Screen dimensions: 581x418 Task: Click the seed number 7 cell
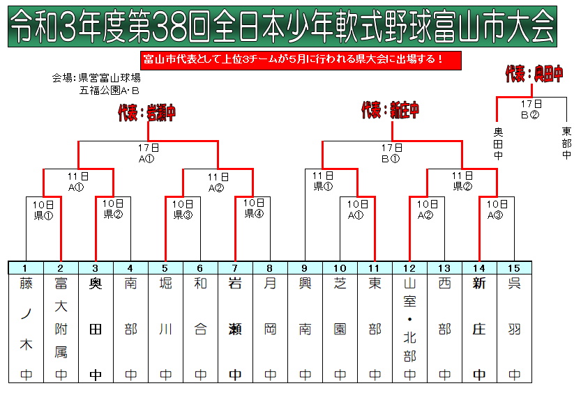(x=235, y=268)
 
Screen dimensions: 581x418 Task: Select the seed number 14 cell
(x=479, y=268)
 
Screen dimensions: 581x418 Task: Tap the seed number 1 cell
(x=26, y=268)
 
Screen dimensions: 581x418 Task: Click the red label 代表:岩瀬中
(x=146, y=113)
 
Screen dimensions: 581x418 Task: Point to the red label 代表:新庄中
(x=390, y=110)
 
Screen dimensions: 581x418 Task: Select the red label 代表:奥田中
(x=534, y=74)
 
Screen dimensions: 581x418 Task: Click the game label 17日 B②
(x=531, y=109)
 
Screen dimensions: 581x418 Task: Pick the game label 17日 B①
(x=392, y=153)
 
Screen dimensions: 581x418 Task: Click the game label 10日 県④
(x=254, y=208)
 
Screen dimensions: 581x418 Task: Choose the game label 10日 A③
(x=497, y=210)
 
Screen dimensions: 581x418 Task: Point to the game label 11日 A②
(x=218, y=183)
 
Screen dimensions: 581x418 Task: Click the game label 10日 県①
(x=43, y=210)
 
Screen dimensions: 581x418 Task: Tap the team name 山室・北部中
(x=409, y=329)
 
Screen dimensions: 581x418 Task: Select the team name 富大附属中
(x=61, y=329)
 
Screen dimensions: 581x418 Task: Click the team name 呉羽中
(x=514, y=329)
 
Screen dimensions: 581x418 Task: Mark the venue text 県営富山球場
(x=110, y=78)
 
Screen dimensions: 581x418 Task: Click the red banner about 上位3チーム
(x=301, y=61)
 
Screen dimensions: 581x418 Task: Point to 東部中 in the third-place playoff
(x=566, y=143)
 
